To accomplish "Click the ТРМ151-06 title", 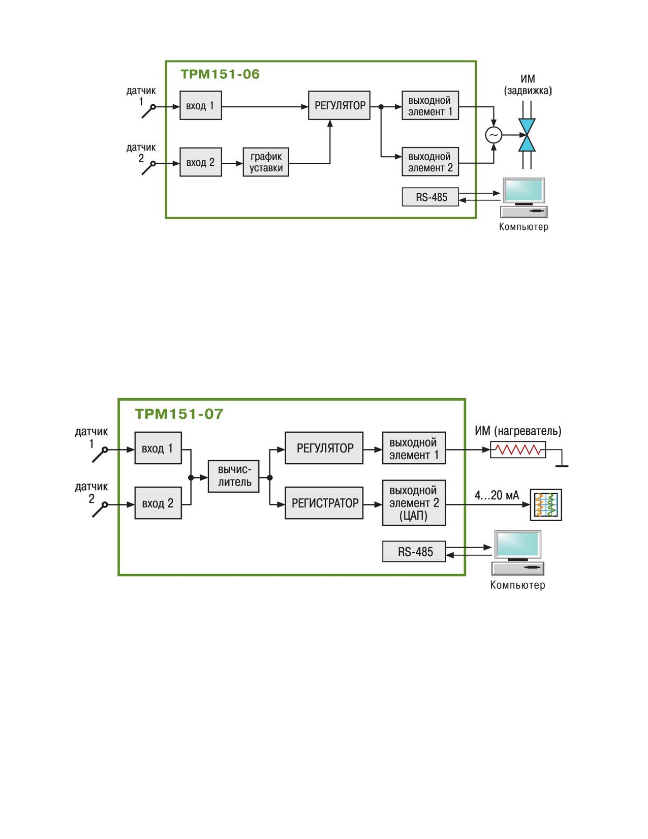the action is point(220,74).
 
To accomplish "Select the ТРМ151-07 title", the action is point(179,414).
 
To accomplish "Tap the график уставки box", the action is point(265,162).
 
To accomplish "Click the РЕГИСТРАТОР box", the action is point(324,503).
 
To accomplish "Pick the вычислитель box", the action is point(233,476).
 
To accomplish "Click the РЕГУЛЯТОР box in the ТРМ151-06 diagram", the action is point(339,105).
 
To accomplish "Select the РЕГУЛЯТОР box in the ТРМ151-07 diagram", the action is point(324,448).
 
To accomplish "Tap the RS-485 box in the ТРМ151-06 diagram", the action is point(430,197).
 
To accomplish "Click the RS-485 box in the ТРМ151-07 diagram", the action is point(414,551).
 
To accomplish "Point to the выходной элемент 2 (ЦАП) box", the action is point(414,503).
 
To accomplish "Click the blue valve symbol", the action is point(527,135).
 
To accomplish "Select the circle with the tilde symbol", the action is point(493,135).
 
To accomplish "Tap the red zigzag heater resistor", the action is point(518,450).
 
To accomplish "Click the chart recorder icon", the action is point(546,504).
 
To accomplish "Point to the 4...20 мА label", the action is point(497,495).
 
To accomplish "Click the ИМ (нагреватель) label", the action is point(518,431).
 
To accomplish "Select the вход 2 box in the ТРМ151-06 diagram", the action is point(201,162).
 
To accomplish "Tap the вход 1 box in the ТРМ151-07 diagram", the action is point(158,448).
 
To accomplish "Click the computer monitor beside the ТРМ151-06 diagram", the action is point(523,191).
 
